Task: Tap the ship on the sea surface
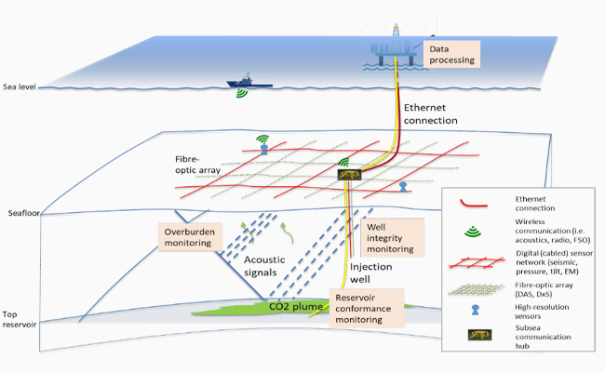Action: (x=249, y=82)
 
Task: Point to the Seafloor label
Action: (x=22, y=213)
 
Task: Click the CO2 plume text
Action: (x=296, y=305)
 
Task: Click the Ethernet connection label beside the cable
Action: (x=429, y=114)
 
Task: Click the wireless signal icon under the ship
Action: (x=242, y=94)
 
